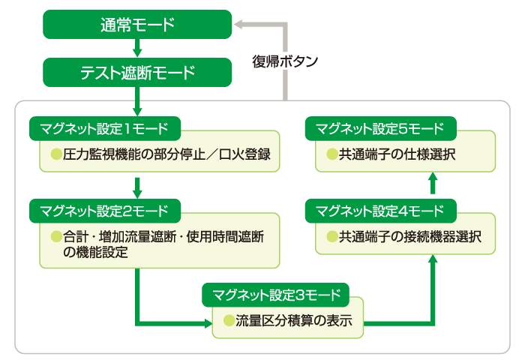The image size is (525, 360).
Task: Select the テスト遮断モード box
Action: tap(137, 73)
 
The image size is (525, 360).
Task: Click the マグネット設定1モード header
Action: tap(104, 127)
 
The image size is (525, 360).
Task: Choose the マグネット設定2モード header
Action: tap(104, 209)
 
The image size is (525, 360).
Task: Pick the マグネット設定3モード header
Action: tap(276, 293)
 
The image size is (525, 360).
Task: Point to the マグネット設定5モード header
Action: tap(380, 127)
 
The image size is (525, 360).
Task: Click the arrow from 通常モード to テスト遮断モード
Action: tap(137, 49)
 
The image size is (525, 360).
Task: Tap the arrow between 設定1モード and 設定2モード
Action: tap(137, 186)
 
